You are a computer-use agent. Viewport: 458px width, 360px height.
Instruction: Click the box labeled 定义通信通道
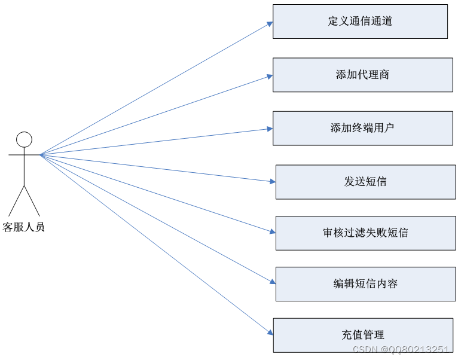[360, 22]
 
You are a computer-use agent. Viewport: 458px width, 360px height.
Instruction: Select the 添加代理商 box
[362, 75]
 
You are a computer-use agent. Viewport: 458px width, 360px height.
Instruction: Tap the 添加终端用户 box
[362, 128]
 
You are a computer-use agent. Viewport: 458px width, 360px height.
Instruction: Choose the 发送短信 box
[365, 182]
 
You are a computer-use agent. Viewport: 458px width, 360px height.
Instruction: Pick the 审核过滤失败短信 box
[365, 233]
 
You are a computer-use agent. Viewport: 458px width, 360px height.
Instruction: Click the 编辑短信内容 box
[365, 284]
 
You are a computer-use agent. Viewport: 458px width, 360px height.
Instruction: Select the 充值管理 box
[363, 335]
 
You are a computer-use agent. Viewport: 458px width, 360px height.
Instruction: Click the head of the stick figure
[24, 139]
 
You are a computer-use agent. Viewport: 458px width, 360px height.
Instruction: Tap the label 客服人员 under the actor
[24, 227]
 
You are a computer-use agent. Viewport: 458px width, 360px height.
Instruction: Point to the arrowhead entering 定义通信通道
[270, 24]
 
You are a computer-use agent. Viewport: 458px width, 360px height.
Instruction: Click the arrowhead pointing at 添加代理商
[270, 76]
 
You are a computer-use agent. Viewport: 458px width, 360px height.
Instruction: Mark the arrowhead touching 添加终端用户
[270, 129]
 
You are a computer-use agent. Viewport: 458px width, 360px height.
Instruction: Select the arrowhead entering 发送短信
[272, 181]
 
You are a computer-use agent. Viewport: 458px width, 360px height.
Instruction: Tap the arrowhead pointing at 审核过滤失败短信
[272, 231]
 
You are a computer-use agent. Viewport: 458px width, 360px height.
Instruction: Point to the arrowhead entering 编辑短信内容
[272, 282]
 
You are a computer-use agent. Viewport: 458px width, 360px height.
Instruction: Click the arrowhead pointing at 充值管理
[270, 332]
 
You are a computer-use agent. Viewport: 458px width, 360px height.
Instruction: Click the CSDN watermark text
[401, 350]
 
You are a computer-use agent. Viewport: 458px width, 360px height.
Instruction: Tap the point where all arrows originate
[41, 155]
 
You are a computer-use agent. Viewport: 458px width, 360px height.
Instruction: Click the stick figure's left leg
[17, 201]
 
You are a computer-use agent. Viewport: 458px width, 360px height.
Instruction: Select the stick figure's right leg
[32, 201]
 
